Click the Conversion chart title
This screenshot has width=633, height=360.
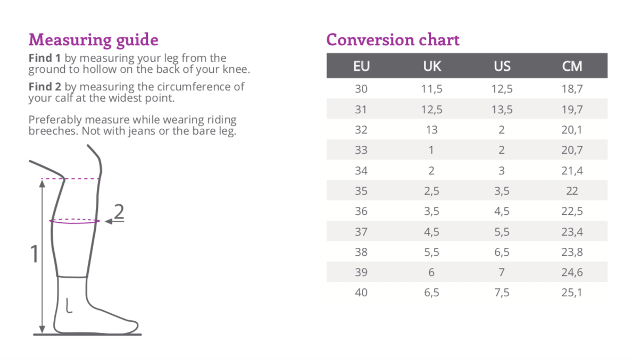pos(393,39)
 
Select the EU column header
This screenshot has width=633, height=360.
pos(361,66)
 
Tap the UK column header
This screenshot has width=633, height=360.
pos(432,66)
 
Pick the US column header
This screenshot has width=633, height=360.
pos(502,66)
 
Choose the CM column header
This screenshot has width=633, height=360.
pos(572,66)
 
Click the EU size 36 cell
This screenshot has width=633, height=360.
pos(361,211)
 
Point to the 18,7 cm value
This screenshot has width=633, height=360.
pos(572,89)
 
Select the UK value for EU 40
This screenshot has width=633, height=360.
pos(431,292)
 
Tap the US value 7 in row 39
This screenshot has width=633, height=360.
pos(502,272)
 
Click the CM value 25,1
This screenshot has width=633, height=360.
pos(572,292)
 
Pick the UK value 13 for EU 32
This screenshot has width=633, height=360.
pos(431,130)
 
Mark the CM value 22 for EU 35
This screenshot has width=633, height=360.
pos(572,191)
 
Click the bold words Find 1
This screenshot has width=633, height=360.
pos(45,58)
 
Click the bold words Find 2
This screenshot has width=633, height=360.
pos(45,87)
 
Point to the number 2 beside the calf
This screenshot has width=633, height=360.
pos(119,212)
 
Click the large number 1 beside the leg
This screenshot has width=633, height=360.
pos(35,254)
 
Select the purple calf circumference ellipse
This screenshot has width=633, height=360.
pos(74,223)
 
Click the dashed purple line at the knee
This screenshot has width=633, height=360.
pos(71,178)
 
